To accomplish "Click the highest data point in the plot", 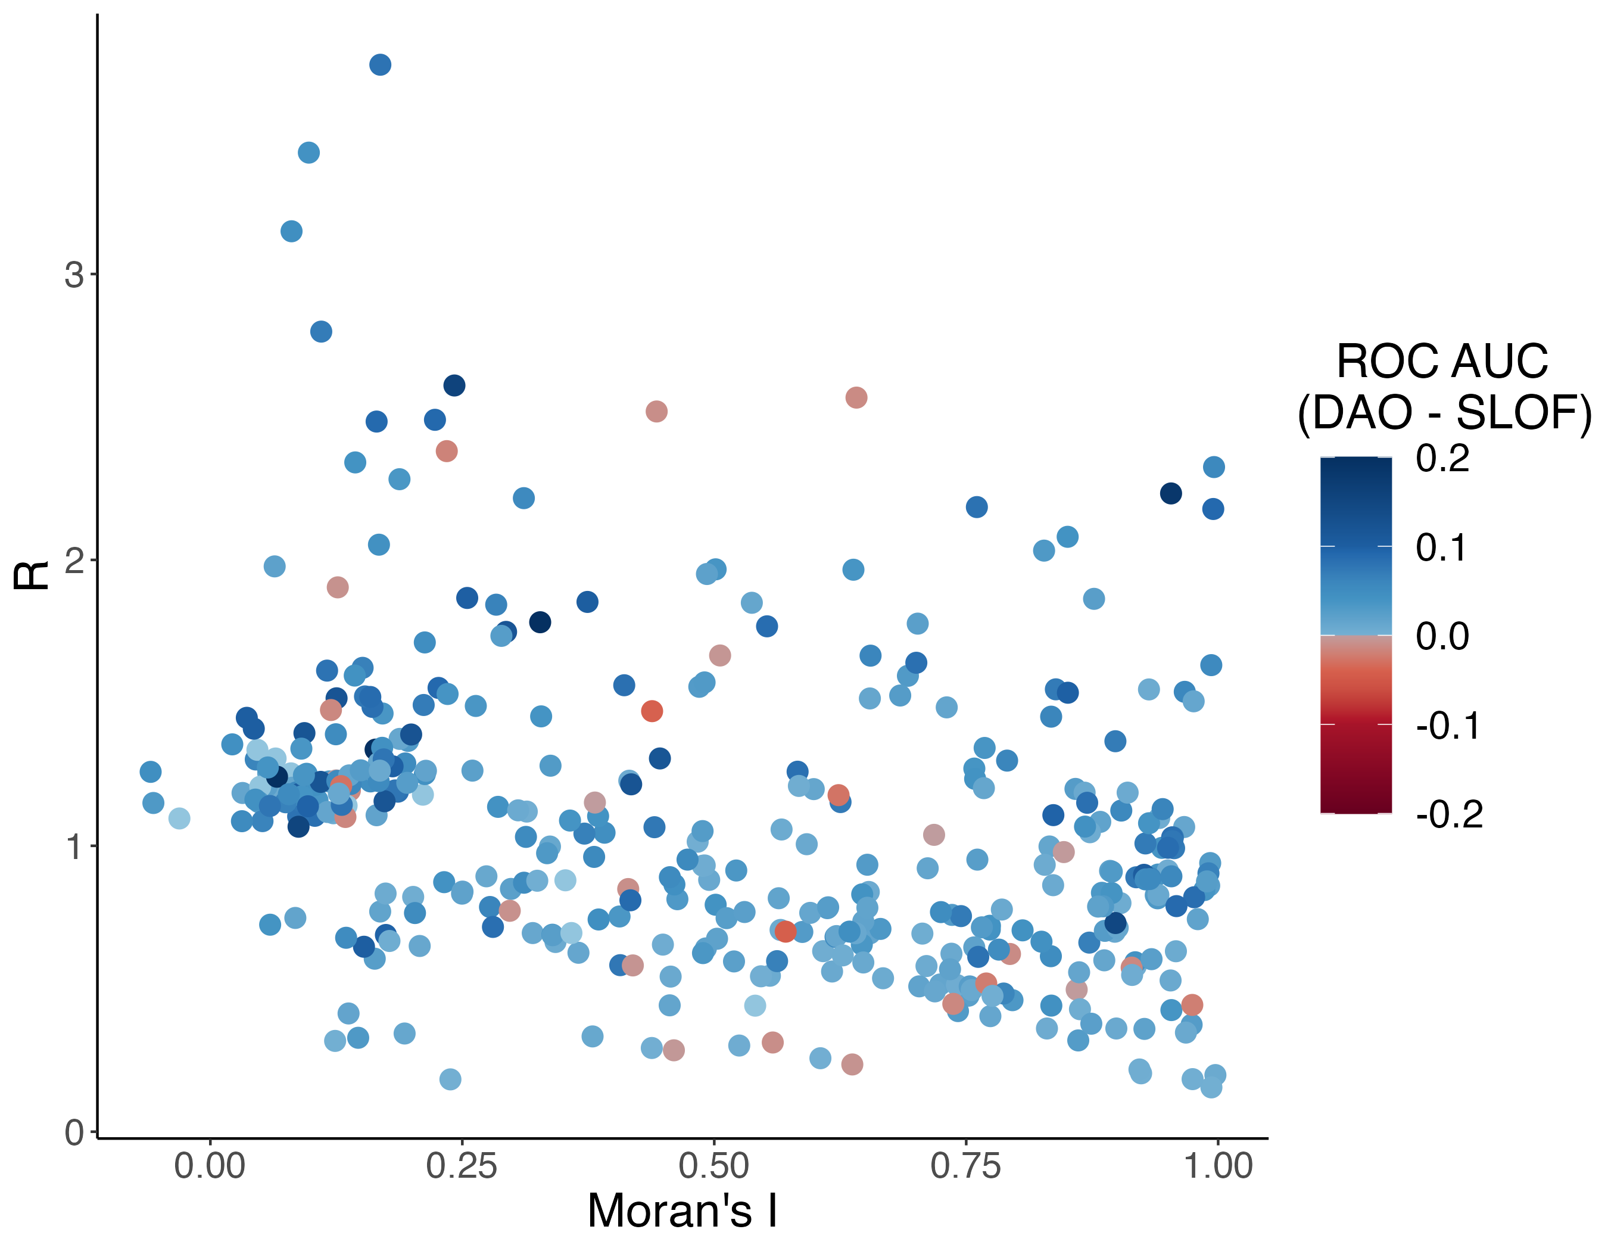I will pyautogui.click(x=380, y=65).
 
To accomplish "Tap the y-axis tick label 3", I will pyautogui.click(x=74, y=275).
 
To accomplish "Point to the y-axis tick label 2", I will pyautogui.click(x=74, y=561).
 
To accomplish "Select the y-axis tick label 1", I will pyautogui.click(x=74, y=847).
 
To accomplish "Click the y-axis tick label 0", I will pyautogui.click(x=74, y=1132).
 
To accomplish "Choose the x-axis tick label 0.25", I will pyautogui.click(x=462, y=1166).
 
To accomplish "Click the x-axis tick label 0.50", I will pyautogui.click(x=713, y=1166).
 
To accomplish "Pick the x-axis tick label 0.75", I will pyautogui.click(x=965, y=1166).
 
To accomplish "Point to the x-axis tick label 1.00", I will pyautogui.click(x=1217, y=1166).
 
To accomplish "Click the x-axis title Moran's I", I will pyautogui.click(x=682, y=1211).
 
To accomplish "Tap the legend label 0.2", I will pyautogui.click(x=1442, y=458).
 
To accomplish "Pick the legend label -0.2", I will pyautogui.click(x=1448, y=814).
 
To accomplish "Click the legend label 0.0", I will pyautogui.click(x=1442, y=636).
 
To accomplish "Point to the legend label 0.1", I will pyautogui.click(x=1442, y=548).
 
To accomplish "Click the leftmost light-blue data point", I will pyautogui.click(x=179, y=818).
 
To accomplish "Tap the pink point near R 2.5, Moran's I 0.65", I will pyautogui.click(x=856, y=397).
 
